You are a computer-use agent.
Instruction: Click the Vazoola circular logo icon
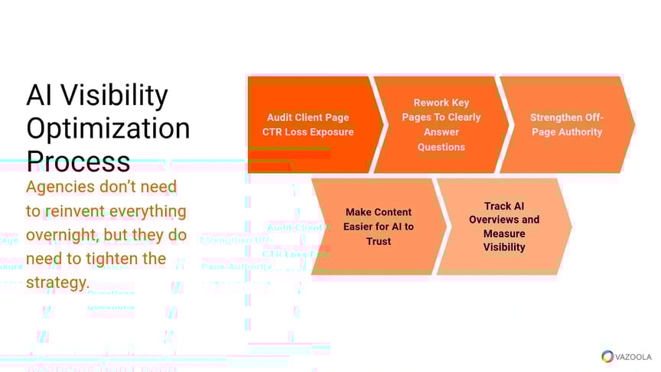click(607, 357)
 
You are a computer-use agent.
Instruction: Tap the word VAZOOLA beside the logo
click(633, 357)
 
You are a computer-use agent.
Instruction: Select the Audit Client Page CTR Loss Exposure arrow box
click(310, 125)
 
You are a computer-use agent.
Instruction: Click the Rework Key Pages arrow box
click(441, 125)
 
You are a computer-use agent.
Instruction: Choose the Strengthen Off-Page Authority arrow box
click(566, 125)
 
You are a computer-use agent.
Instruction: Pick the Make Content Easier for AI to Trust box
click(378, 227)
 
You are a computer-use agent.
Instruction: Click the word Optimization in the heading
click(108, 128)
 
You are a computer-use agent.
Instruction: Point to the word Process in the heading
click(78, 161)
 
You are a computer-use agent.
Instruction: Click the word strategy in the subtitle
click(57, 282)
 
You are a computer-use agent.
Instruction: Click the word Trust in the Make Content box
click(378, 241)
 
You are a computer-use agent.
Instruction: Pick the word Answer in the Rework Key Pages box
click(441, 132)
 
